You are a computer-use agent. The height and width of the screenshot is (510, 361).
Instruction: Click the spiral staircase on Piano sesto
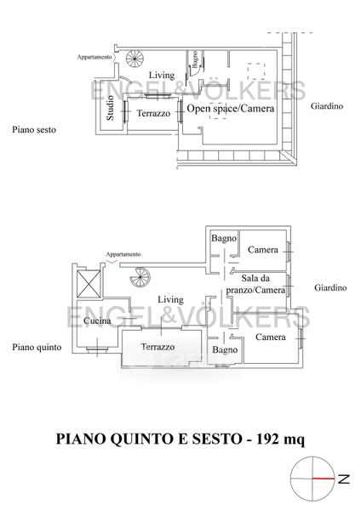[135, 59]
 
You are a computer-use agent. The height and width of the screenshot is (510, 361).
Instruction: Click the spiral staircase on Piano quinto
[140, 277]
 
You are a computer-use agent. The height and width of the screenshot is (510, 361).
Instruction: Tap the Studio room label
[110, 108]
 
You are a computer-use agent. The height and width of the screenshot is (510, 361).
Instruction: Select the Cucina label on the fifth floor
[97, 320]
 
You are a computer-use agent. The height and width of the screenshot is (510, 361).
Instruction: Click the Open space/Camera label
[231, 109]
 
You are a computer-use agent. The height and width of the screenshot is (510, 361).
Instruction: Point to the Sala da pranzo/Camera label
[255, 284]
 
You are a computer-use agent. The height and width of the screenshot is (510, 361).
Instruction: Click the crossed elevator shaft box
[89, 284]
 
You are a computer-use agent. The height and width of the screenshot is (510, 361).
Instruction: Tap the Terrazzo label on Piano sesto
[153, 113]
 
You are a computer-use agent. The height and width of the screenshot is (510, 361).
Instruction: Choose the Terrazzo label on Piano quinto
[158, 347]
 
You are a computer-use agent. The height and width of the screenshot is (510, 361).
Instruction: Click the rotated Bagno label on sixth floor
[194, 59]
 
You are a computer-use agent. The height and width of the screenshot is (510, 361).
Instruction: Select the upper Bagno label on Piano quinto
[224, 238]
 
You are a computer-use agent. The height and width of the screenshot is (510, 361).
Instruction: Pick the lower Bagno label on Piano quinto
[225, 350]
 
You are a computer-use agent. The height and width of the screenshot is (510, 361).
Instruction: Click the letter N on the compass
[344, 479]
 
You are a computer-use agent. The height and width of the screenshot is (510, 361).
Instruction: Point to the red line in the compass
[324, 479]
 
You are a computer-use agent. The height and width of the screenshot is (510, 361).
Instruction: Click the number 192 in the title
[268, 439]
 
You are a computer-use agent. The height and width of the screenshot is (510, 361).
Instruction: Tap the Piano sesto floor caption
[34, 130]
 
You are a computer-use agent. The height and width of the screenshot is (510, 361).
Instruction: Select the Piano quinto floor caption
[37, 348]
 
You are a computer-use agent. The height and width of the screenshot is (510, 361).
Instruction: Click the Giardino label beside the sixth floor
[327, 106]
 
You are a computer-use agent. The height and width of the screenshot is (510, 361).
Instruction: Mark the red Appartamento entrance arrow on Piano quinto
[112, 261]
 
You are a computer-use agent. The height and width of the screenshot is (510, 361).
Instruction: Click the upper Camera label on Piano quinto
[263, 250]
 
